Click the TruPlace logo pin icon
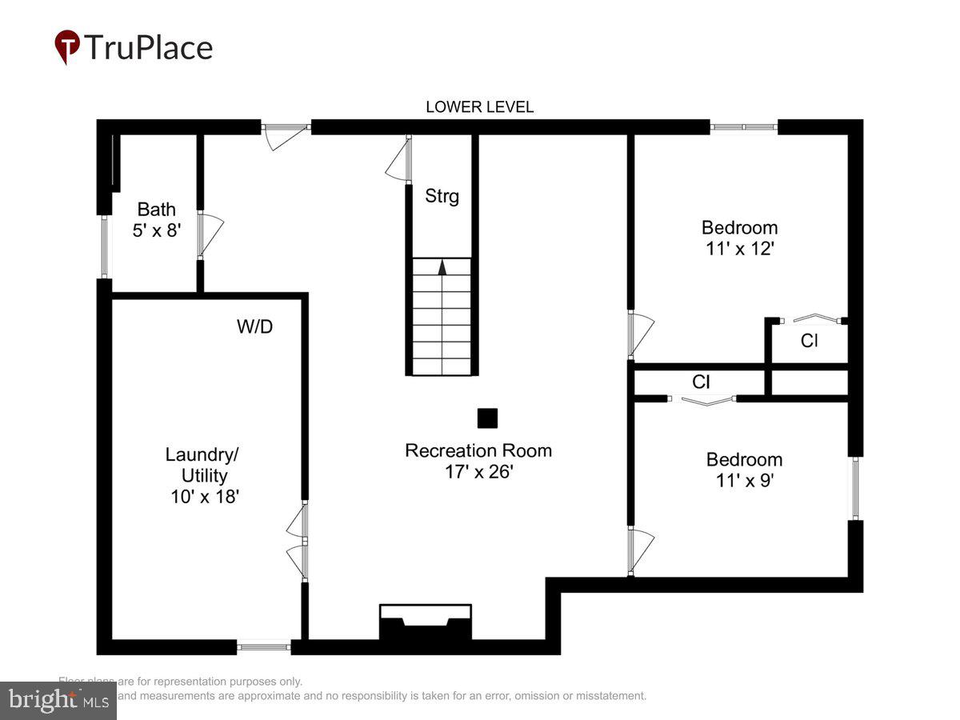point(67,46)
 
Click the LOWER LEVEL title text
point(479,107)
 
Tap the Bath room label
point(157,210)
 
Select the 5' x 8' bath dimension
point(157,230)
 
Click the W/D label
point(255,326)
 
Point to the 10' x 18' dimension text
point(205,496)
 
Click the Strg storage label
point(442,196)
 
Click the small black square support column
point(487,418)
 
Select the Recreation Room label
point(478,450)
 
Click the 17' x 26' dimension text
point(478,472)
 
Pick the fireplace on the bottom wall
point(425,622)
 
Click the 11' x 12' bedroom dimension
point(739,249)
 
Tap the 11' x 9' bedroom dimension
point(744,481)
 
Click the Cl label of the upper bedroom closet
point(810,342)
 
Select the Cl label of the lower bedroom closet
point(701,382)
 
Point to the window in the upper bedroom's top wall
point(744,126)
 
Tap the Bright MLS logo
point(58,701)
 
